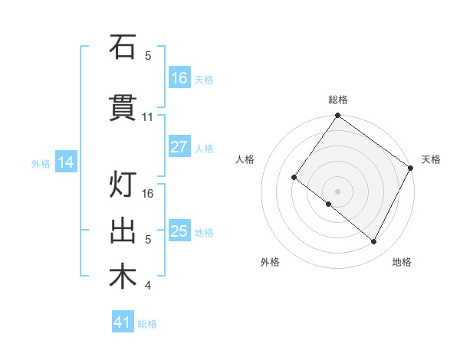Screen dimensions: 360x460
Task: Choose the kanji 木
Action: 123,277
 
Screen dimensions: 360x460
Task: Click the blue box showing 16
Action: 179,78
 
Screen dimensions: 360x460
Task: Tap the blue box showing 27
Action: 179,147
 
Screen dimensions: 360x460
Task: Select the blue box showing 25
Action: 179,231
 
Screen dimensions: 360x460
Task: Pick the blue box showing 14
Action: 66,162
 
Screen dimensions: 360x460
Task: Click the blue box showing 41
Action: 123,322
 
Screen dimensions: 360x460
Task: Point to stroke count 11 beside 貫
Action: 148,117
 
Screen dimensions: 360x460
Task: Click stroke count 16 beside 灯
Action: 149,194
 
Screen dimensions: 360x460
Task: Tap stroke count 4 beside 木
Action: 148,286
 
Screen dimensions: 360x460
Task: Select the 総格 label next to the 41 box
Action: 147,324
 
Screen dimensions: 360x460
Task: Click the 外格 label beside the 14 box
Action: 41,163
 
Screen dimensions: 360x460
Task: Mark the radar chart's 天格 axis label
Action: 431,159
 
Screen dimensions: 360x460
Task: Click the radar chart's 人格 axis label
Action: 245,159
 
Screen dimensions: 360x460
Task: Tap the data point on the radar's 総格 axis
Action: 338,116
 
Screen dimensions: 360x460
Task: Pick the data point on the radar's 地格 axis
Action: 374,242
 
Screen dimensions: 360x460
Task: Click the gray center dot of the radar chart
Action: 338,191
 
